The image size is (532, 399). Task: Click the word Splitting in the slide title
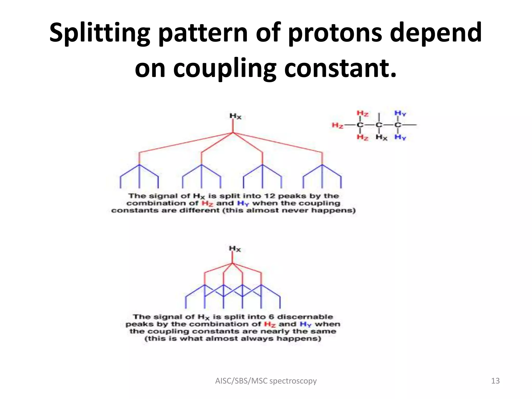(x=99, y=33)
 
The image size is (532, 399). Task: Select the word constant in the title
(x=340, y=68)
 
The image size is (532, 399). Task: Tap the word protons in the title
(x=335, y=33)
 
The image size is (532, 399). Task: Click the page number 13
(x=495, y=381)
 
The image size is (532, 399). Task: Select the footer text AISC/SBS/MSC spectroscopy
(x=266, y=381)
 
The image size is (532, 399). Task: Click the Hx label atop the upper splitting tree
(x=235, y=116)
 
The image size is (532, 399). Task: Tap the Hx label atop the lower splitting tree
(x=235, y=249)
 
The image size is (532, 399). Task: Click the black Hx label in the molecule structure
(x=381, y=137)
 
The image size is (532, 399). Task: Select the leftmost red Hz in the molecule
(x=337, y=125)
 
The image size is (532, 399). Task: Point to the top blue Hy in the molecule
(x=400, y=113)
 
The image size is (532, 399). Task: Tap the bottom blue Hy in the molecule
(x=400, y=137)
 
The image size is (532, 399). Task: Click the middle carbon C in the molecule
(x=379, y=125)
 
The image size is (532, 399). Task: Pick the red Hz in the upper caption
(x=207, y=203)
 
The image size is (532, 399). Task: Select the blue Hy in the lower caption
(x=305, y=324)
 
